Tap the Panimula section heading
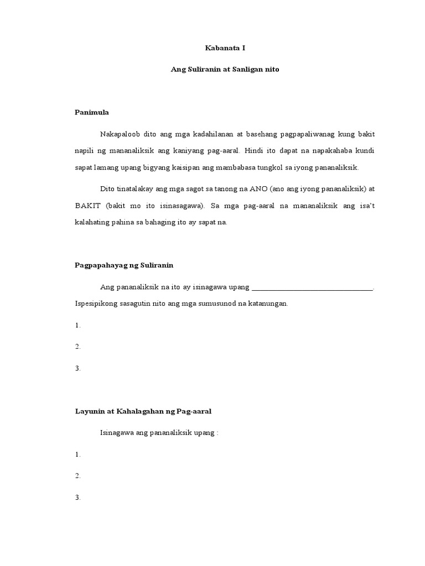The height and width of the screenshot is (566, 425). [x=92, y=113]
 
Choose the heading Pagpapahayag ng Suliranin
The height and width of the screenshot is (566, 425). [x=124, y=265]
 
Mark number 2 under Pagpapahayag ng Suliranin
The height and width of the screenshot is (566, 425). [x=78, y=347]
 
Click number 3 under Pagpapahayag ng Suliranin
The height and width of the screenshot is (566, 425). [x=78, y=368]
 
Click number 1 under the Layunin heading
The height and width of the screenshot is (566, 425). [x=78, y=454]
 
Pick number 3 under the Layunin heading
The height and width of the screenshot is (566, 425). [x=78, y=497]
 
